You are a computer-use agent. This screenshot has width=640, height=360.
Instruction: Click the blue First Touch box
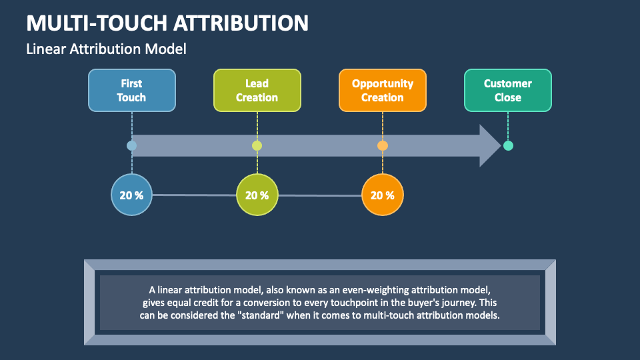[132, 90]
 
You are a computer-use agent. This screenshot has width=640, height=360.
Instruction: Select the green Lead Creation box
[257, 90]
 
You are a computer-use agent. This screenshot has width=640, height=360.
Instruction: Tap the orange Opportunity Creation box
[382, 90]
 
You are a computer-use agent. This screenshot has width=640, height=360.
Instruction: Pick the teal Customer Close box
[507, 90]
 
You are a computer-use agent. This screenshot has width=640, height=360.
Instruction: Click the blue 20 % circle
[131, 195]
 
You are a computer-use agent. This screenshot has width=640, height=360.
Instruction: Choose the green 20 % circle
[257, 195]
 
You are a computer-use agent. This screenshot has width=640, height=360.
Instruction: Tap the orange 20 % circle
[382, 195]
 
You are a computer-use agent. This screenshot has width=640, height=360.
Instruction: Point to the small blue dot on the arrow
[131, 145]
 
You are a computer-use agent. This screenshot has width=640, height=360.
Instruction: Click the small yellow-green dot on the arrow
[257, 145]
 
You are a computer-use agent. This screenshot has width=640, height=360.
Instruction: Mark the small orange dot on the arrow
[382, 145]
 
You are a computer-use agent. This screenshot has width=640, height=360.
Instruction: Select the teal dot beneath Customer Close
[508, 145]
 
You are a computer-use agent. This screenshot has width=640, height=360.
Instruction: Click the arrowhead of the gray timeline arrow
[489, 145]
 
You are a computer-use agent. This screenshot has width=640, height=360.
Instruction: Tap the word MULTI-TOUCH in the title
[96, 23]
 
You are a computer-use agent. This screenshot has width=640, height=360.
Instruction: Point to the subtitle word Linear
[45, 49]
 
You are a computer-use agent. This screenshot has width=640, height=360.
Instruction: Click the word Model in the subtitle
[169, 49]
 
